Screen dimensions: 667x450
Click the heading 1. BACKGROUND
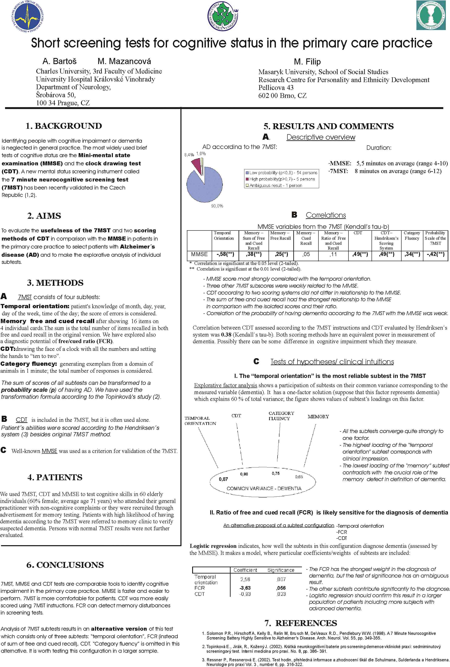[x=64, y=126]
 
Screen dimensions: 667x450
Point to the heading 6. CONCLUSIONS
[x=65, y=565]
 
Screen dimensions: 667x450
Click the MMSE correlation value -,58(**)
[x=225, y=254]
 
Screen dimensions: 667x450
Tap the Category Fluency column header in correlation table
[x=412, y=236]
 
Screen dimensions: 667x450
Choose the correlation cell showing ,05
[x=306, y=254]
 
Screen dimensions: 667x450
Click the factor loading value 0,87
[x=223, y=479]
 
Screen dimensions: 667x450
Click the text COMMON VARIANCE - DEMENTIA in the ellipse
[x=264, y=488]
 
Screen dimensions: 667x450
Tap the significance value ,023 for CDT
[x=281, y=594]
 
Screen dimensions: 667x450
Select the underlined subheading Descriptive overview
[x=321, y=137]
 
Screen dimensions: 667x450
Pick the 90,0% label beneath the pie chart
[x=217, y=206]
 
